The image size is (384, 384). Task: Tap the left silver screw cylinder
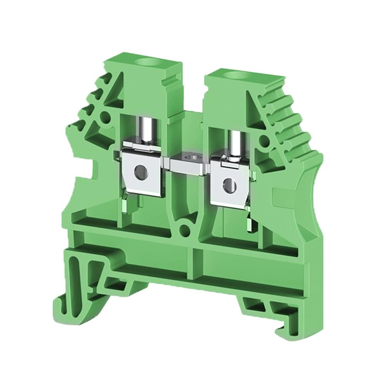pos(146,129)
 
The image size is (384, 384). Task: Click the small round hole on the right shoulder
pos(265,142)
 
